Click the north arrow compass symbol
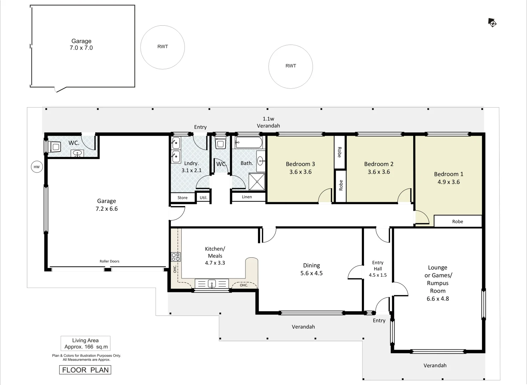coord(492,23)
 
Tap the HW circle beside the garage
coord(37,167)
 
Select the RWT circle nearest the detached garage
coord(162,47)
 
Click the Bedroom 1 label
coord(449,174)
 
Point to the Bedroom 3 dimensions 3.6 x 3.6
coord(300,172)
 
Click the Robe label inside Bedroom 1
coord(457,221)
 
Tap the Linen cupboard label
coord(247,197)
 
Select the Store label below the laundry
coord(182,197)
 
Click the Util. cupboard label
coord(203,197)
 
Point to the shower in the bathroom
coord(257,182)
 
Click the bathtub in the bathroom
coord(249,143)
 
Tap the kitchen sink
coord(212,284)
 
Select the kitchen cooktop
coord(176,257)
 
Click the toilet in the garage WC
coord(55,147)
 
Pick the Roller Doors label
coord(110,261)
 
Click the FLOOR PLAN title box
coord(85,370)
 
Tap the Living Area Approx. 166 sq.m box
coord(86,344)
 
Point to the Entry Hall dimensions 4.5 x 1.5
coord(378,275)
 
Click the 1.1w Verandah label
coord(268,122)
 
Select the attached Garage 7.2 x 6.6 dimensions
coord(106,209)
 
